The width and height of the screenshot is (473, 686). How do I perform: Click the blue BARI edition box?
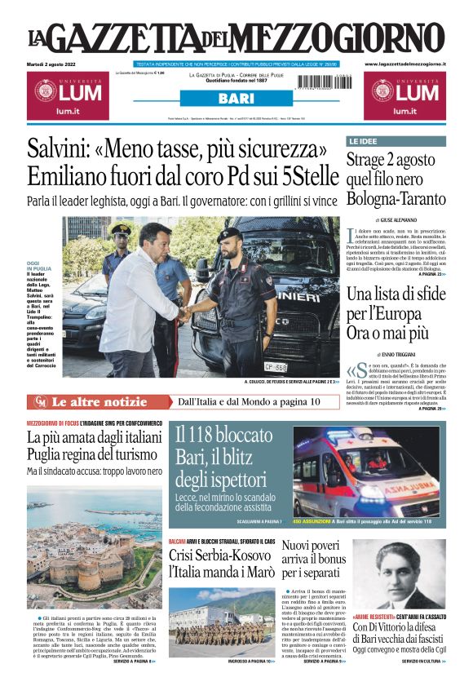click(235, 99)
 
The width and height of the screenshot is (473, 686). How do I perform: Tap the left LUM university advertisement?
click(66, 96)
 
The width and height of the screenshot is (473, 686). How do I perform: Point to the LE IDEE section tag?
click(363, 141)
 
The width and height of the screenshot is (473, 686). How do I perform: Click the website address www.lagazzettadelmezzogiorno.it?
click(404, 64)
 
